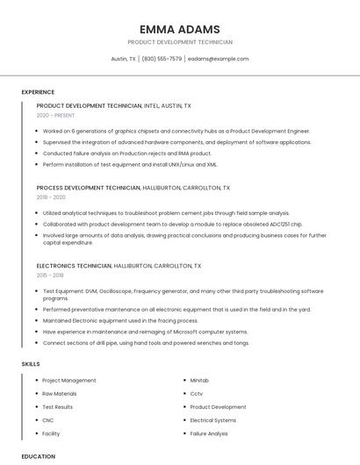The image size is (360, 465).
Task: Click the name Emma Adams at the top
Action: (x=179, y=29)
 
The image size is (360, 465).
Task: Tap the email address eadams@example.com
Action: (x=218, y=59)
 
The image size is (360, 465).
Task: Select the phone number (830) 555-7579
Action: (x=162, y=59)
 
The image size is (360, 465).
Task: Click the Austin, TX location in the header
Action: (x=123, y=59)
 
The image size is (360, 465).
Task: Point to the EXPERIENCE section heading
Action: (x=38, y=92)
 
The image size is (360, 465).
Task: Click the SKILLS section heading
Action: (x=31, y=363)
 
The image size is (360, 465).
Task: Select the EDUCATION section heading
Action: (x=39, y=456)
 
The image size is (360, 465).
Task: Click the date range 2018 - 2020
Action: (x=51, y=197)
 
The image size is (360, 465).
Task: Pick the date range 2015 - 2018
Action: (x=50, y=275)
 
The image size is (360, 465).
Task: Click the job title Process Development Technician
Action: (x=88, y=188)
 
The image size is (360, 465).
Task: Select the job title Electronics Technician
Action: (x=74, y=265)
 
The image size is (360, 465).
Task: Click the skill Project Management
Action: (x=69, y=381)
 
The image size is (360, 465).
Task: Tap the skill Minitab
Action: (x=199, y=381)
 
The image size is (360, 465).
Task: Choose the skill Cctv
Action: (x=196, y=394)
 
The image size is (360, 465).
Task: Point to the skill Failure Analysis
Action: (x=209, y=433)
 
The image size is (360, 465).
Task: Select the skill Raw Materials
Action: (x=60, y=394)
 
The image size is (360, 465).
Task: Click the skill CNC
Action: (x=48, y=420)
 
